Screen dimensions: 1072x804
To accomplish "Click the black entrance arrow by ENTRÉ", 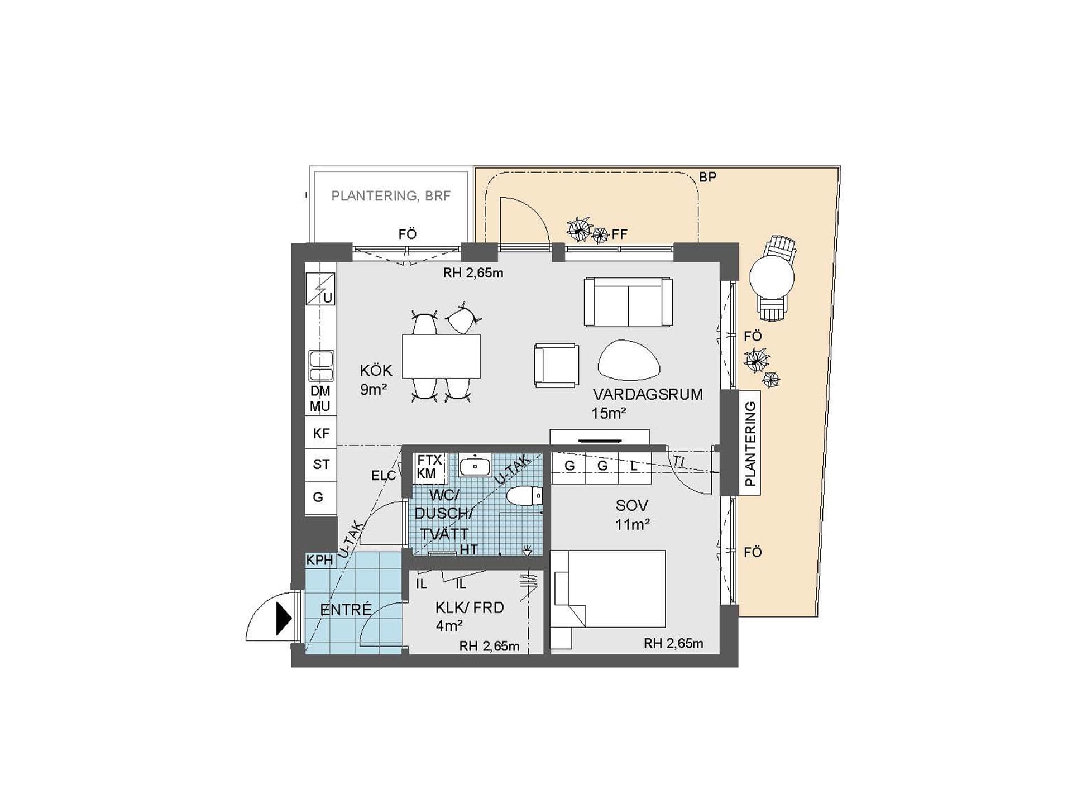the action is [283, 619].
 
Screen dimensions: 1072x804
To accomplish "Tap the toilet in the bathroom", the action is [524, 496].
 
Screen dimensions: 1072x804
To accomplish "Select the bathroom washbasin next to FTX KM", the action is [475, 465].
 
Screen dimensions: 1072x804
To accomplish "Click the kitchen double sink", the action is [322, 366].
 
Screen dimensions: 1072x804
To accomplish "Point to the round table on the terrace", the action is [772, 277].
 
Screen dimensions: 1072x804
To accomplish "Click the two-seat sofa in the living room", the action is [628, 302].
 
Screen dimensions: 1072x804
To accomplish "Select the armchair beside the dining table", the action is [556, 365].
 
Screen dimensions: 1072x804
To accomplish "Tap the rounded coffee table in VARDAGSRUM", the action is [629, 361].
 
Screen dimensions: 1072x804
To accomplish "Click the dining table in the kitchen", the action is [441, 356].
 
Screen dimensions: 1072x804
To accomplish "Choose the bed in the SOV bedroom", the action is [607, 590].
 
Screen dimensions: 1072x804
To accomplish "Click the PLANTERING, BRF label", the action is [391, 196].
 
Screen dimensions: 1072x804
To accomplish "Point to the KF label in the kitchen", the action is [321, 433].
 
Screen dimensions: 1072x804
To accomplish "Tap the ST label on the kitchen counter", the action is [321, 464].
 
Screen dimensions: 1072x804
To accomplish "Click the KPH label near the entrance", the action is [319, 560].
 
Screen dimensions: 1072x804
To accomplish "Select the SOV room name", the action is [631, 506].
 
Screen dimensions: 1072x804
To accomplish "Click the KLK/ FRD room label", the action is [470, 607].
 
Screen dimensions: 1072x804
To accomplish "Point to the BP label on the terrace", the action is [707, 177].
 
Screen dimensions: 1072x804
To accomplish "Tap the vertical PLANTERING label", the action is [750, 443].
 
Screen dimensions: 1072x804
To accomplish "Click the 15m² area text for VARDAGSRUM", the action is [609, 413].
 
